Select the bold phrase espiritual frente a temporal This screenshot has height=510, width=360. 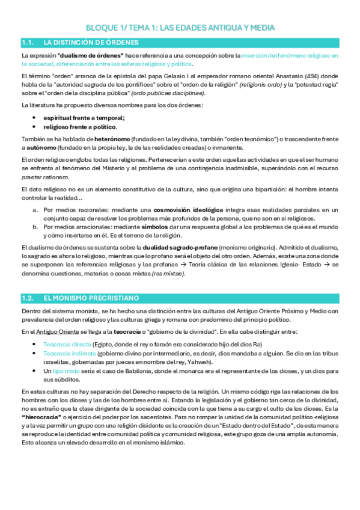(84, 118)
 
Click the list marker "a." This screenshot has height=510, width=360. (36, 210)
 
